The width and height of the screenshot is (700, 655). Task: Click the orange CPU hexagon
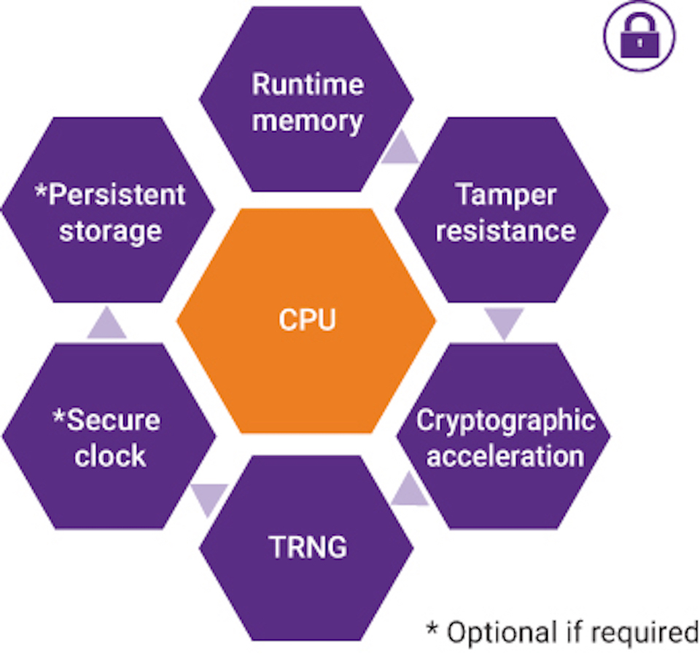click(307, 321)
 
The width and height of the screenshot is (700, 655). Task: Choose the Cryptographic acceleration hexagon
click(505, 437)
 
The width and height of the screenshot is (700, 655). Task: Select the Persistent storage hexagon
click(109, 211)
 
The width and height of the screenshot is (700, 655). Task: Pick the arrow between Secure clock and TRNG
click(209, 498)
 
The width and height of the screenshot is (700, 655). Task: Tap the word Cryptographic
click(505, 421)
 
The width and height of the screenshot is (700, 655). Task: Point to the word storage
click(110, 231)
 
